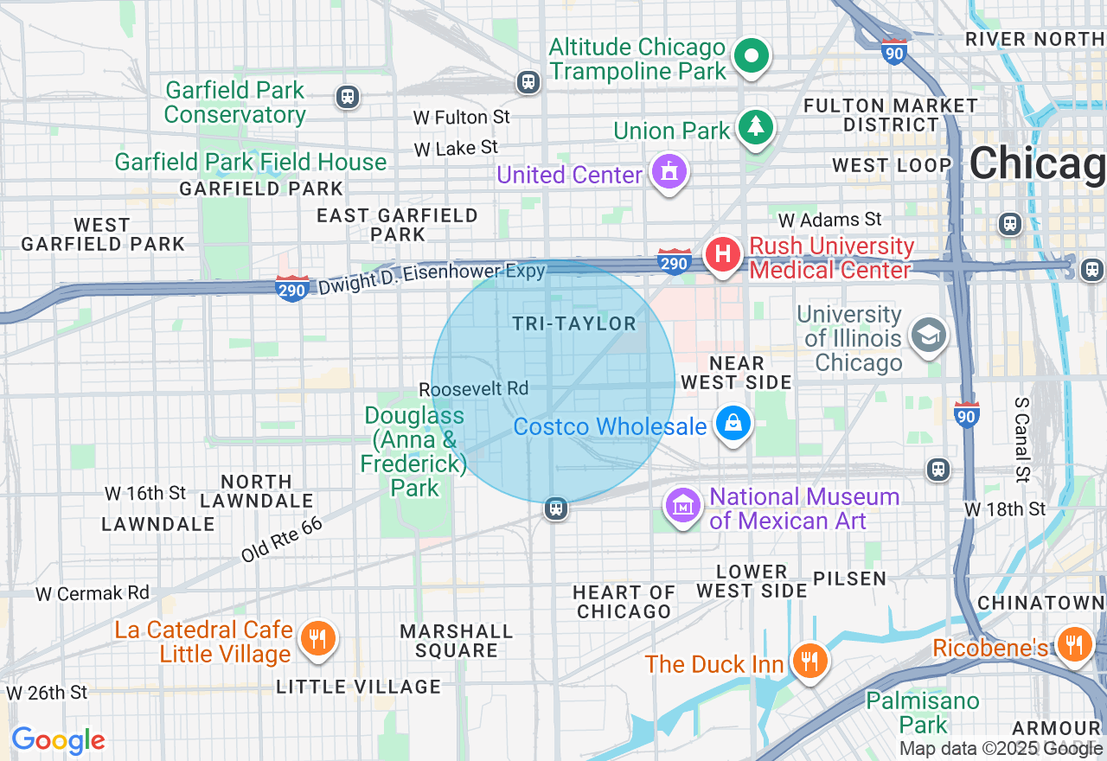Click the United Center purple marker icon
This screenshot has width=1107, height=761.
[x=669, y=171]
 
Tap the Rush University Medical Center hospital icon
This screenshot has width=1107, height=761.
[x=723, y=255]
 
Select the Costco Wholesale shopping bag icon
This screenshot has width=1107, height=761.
[x=733, y=424]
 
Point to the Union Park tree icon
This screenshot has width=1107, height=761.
[x=757, y=128]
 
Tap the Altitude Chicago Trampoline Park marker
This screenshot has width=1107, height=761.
[x=752, y=56]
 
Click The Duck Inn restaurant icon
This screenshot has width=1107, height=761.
[x=809, y=662]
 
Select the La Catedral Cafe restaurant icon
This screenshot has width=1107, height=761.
[x=318, y=639]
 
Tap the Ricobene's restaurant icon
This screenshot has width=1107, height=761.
[x=1074, y=644]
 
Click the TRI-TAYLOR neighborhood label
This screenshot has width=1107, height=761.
[x=574, y=324]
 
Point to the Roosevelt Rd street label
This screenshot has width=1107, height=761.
[x=473, y=389]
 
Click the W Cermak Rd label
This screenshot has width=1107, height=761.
[x=93, y=593]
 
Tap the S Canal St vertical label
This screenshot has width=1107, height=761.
[x=1022, y=438]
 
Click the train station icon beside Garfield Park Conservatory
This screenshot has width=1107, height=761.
[x=348, y=96]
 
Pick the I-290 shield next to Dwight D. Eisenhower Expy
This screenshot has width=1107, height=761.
[x=292, y=289]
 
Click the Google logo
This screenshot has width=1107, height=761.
[x=58, y=740]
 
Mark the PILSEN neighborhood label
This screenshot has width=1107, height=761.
[x=849, y=579]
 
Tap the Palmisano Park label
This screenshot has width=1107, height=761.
[x=923, y=712]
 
